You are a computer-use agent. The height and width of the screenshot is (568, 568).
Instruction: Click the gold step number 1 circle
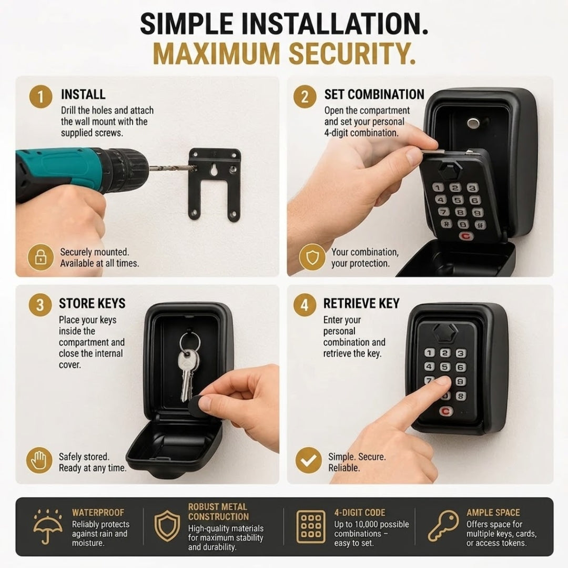[40, 96]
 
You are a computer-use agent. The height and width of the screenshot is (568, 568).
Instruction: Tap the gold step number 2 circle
[305, 96]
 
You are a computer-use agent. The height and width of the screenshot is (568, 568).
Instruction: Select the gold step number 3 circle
[40, 305]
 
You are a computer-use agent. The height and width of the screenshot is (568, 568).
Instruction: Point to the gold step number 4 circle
[305, 305]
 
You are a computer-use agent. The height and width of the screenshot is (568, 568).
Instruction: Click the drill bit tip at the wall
[196, 168]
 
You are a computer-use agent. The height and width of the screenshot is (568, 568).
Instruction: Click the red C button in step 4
[446, 411]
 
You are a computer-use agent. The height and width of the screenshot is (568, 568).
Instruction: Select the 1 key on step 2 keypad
[438, 187]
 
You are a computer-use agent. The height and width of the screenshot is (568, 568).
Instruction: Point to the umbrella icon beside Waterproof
[47, 526]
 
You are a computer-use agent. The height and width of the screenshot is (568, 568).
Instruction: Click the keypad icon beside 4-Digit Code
[311, 526]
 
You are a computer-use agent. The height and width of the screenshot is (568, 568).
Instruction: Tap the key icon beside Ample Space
[443, 526]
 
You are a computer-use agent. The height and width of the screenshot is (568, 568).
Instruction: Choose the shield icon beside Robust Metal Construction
[167, 526]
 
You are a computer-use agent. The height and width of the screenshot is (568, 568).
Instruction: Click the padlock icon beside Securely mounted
[40, 257]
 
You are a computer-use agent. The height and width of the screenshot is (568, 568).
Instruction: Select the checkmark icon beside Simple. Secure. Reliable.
[308, 460]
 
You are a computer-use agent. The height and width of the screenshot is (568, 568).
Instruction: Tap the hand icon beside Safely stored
[39, 460]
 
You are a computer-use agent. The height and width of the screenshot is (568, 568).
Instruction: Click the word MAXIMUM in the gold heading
[216, 54]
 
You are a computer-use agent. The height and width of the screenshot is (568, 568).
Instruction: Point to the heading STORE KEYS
[92, 303]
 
